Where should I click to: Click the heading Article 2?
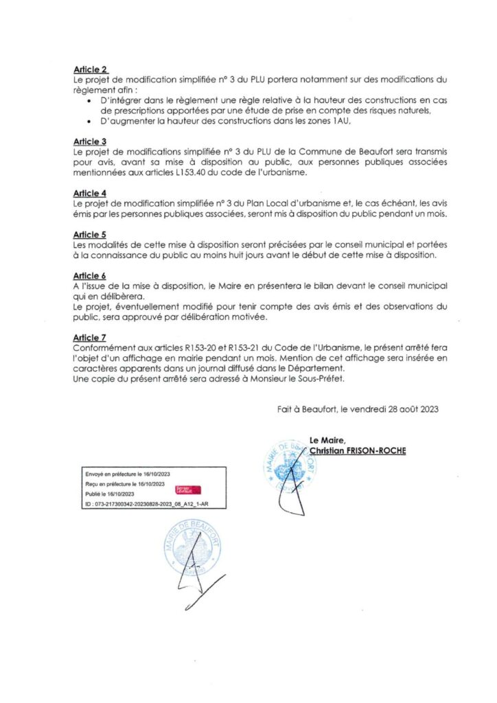90,70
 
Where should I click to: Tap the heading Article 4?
90,193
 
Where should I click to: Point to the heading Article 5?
90,233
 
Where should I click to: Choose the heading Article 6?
90,274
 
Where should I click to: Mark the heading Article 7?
90,337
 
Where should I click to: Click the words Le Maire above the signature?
327,440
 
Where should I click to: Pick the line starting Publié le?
109,494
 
